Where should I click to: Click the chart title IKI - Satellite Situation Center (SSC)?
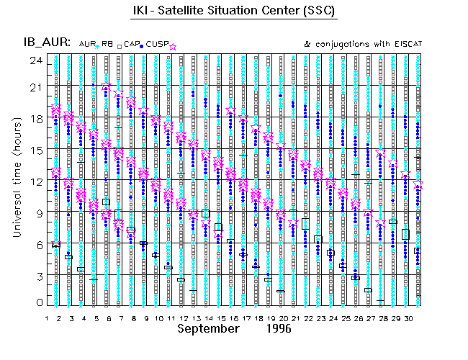(234, 12)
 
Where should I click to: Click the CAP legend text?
(131, 44)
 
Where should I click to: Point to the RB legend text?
(107, 44)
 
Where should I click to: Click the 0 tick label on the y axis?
(37, 303)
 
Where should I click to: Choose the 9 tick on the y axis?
(37, 212)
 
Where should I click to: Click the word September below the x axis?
(209, 328)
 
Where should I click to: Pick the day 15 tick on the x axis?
(220, 317)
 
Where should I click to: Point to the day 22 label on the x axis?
(308, 317)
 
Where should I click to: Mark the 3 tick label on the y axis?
(37, 274)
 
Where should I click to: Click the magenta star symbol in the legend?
(172, 45)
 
